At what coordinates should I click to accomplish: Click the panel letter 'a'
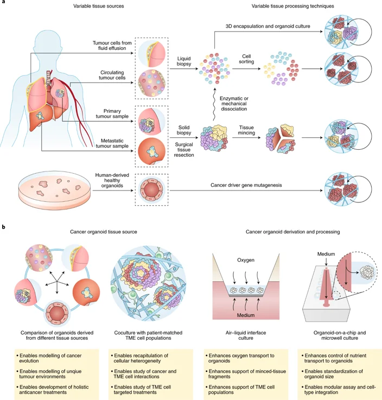click(x=4, y=4)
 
